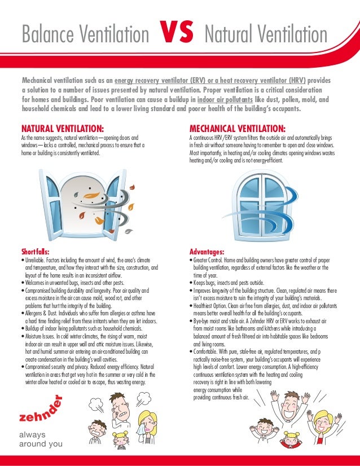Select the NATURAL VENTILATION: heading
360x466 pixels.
point(62,128)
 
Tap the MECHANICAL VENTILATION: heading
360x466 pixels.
point(237,128)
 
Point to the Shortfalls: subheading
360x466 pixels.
point(35,251)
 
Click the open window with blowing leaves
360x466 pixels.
point(88,200)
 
